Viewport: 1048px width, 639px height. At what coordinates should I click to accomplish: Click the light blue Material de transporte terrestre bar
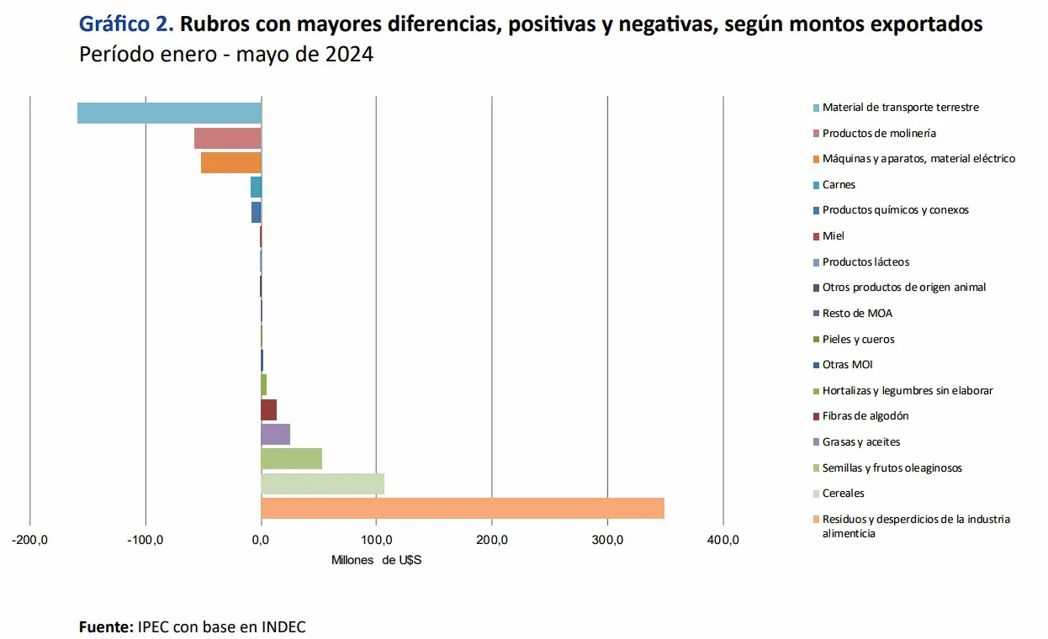169,113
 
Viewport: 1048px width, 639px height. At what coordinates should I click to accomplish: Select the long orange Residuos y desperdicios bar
462,508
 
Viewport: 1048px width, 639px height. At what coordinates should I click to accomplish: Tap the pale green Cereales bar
322,483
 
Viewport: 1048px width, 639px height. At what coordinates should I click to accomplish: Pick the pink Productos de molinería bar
227,138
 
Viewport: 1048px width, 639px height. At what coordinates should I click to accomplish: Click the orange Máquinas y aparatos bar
230,162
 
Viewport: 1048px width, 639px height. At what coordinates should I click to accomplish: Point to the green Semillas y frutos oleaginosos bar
291,458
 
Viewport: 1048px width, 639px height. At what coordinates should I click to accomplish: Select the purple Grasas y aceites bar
275,434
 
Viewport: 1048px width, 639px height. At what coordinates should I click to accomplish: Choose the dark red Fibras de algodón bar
268,409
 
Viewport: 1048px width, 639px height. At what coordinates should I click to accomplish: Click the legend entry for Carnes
839,184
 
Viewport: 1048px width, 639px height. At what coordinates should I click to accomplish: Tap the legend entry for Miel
833,235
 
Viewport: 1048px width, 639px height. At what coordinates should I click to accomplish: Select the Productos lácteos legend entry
865,261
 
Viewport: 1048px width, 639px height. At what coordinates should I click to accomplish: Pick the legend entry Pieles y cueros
858,339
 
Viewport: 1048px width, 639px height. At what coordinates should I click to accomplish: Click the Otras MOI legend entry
847,365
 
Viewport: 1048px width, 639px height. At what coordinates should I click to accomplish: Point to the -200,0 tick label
30,541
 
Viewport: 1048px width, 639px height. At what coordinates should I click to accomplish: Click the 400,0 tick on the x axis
723,541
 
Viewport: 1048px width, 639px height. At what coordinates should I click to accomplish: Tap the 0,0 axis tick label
261,541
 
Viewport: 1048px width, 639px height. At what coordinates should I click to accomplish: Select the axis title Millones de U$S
376,560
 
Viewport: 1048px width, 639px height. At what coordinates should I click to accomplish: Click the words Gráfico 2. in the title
126,24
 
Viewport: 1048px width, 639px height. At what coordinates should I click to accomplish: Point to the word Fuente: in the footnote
106,627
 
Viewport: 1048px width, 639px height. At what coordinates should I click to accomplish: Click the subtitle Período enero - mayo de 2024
225,55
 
